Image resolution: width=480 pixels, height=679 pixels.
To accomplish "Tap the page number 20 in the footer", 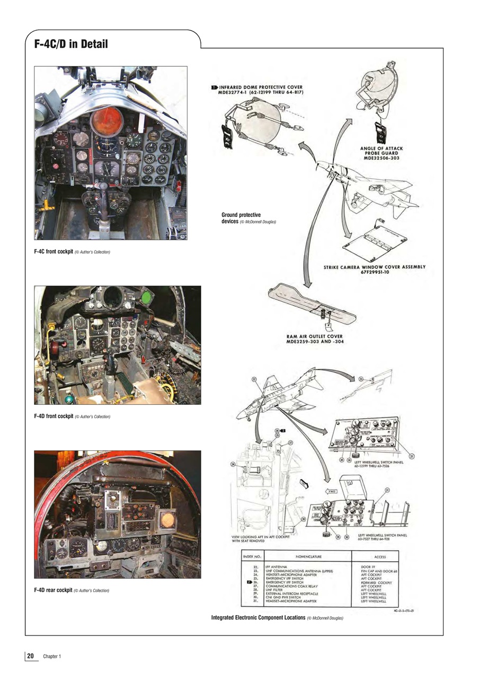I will click(31, 656).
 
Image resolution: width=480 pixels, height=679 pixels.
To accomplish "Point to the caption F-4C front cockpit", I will click(72, 251).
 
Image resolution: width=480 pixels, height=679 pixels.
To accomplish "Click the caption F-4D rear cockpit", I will click(72, 590).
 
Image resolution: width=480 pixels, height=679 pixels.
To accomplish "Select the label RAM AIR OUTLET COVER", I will click(314, 339).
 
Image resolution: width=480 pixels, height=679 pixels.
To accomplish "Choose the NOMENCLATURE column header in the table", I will click(308, 556).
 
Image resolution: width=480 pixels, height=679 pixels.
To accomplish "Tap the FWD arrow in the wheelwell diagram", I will click(331, 491).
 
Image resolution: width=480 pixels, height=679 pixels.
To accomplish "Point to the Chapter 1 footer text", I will click(52, 657).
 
